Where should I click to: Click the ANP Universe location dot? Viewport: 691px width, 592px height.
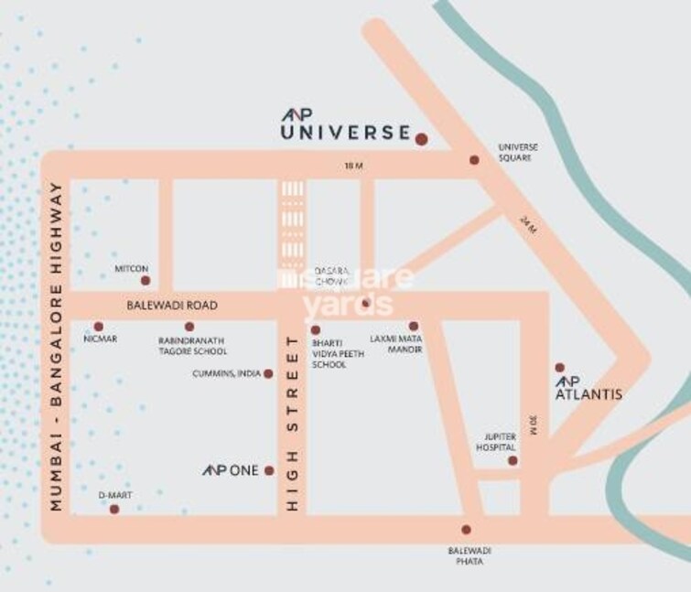click(421, 139)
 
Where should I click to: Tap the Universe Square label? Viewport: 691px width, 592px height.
click(517, 152)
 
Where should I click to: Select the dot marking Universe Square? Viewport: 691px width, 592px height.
click(474, 160)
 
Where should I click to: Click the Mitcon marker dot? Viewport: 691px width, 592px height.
click(145, 281)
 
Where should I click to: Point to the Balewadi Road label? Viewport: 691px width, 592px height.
click(173, 305)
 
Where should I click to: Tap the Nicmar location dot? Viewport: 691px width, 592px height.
click(99, 326)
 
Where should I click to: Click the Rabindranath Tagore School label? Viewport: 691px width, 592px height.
click(192, 345)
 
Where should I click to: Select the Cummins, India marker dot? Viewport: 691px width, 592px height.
click(268, 373)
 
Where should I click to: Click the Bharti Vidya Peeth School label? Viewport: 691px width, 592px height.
click(329, 352)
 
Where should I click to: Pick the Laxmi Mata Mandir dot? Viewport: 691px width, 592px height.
click(413, 326)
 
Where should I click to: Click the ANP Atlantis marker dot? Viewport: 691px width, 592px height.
click(560, 368)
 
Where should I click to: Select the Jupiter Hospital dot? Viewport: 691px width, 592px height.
click(513, 460)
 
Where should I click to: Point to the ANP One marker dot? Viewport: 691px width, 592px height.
click(269, 470)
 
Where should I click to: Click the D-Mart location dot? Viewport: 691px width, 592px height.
click(114, 509)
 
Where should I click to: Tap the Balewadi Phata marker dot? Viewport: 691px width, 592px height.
click(466, 529)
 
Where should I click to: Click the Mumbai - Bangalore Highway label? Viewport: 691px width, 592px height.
click(57, 347)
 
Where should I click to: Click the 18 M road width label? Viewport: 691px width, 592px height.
click(352, 166)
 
